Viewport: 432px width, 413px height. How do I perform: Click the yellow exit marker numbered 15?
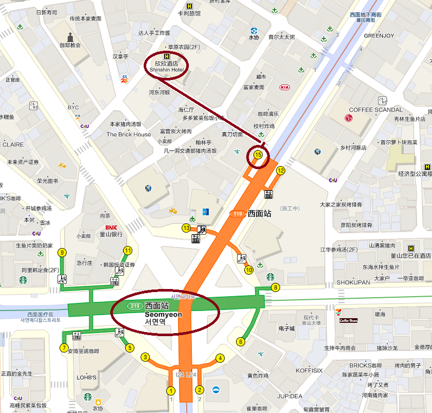coord(259,154)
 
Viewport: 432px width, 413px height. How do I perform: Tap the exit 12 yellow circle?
coord(281,171)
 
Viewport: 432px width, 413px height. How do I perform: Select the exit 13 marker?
coord(186,228)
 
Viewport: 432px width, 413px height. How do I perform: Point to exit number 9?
coord(63,252)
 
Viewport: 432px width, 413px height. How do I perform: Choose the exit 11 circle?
coord(128,251)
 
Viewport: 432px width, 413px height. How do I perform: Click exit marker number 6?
coord(240,342)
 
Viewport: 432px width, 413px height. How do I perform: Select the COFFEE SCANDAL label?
coord(376,110)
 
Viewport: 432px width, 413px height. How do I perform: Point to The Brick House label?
coord(129,134)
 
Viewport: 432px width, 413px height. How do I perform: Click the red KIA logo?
coord(285,87)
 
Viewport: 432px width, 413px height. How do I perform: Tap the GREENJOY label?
coord(379,36)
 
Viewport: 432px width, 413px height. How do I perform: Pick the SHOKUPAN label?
coord(353,282)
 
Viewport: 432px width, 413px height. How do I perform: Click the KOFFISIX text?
coord(309,370)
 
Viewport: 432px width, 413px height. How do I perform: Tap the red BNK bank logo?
coord(112,227)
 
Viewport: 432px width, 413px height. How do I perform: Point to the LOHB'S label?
coord(87,378)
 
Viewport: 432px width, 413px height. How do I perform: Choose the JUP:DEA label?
coord(289,396)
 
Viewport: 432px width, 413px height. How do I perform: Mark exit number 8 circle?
coord(276,287)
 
